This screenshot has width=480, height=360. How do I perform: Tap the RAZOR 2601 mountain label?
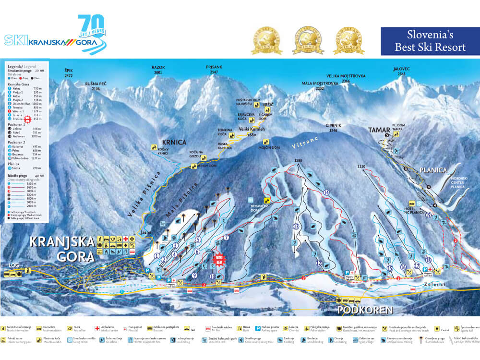pyautogui.click(x=158, y=70)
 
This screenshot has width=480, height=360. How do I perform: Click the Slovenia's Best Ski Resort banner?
pyautogui.click(x=430, y=41)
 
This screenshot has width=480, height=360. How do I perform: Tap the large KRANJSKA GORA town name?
pyautogui.click(x=62, y=248)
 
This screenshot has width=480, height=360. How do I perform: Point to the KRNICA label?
pyautogui.click(x=174, y=143)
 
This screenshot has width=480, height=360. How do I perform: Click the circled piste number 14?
pyautogui.click(x=326, y=192)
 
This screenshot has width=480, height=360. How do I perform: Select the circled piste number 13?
pyautogui.click(x=296, y=226)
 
